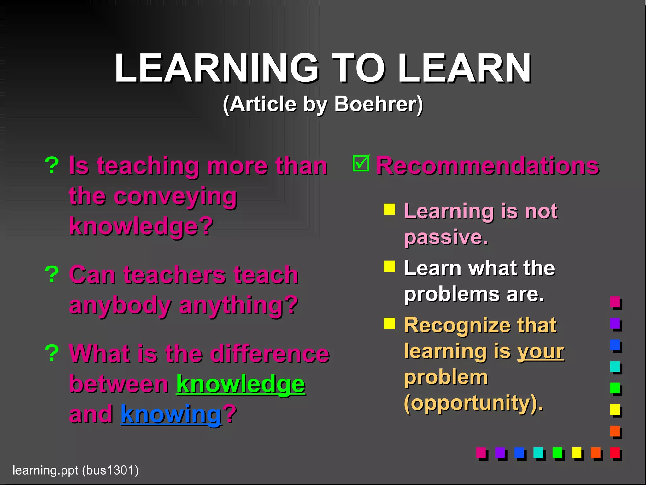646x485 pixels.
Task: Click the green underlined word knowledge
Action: (240, 384)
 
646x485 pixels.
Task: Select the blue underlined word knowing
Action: (171, 414)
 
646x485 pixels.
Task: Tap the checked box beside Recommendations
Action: (361, 164)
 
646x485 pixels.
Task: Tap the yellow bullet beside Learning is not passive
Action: (389, 209)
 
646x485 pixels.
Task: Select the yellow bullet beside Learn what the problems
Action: (389, 266)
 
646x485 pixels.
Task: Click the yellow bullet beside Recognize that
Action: (389, 323)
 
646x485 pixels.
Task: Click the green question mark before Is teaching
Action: (52, 165)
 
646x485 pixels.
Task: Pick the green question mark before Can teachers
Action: (52, 274)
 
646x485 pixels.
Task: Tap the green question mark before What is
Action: (52, 353)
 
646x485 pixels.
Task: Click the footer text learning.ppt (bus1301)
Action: (75, 470)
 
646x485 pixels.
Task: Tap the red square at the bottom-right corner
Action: (615, 452)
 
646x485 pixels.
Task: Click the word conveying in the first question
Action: (175, 196)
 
